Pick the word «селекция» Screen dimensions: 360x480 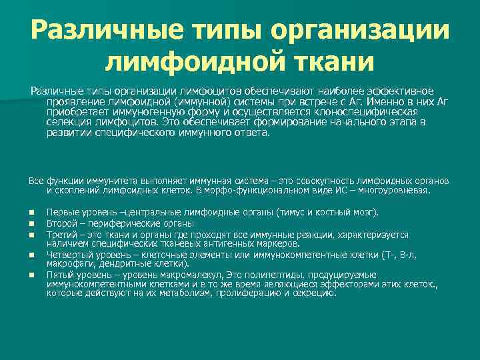[67, 123]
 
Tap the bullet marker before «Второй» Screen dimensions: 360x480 [32, 224]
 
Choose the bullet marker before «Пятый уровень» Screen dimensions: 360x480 [32, 274]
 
